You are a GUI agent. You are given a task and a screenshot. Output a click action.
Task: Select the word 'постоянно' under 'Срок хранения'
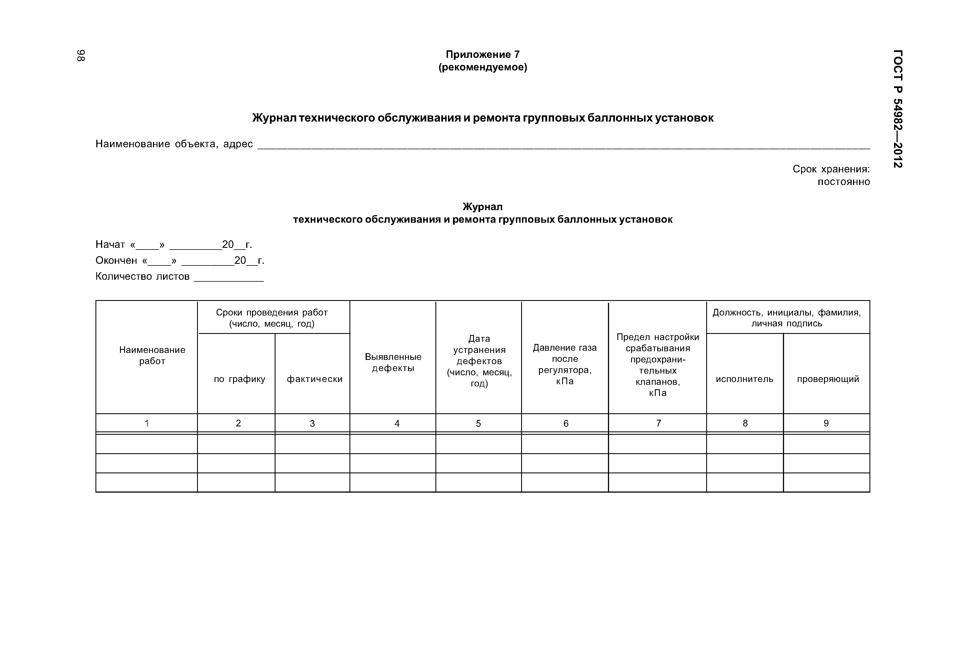coord(843,182)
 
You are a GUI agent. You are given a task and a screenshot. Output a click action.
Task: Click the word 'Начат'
coord(110,244)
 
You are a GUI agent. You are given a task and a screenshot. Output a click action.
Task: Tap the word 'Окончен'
coord(116,260)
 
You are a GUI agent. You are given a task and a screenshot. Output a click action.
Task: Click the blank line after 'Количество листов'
coord(229,279)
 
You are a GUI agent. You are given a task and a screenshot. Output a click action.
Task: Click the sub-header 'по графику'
coord(239,379)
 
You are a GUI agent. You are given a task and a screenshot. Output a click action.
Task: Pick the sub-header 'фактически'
coord(314,379)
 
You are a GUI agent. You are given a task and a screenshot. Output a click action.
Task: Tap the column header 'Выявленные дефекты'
coord(393,362)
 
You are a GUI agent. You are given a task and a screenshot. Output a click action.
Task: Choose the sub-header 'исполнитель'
coord(744,379)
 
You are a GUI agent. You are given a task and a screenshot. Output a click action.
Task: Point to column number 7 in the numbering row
coord(658,423)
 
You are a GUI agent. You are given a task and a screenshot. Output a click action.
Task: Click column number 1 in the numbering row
coord(147,423)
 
